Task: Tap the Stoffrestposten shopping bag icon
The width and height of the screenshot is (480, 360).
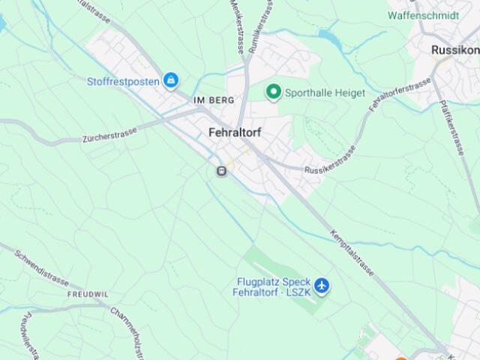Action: click(172, 80)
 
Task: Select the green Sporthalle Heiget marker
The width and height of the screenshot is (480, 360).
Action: click(274, 92)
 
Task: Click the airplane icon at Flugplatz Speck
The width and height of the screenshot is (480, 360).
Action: click(322, 285)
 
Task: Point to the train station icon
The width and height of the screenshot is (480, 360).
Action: click(221, 171)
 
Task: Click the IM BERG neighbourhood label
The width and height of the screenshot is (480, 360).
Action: click(214, 100)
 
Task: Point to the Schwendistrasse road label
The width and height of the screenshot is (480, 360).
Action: click(42, 270)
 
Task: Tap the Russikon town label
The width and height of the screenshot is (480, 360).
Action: click(455, 49)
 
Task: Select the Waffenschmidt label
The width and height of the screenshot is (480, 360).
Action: click(424, 14)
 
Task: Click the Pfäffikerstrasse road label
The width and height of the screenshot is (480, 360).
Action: click(453, 127)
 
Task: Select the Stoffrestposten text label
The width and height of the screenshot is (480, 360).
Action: click(123, 81)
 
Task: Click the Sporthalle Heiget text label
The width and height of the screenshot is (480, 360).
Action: click(325, 93)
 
